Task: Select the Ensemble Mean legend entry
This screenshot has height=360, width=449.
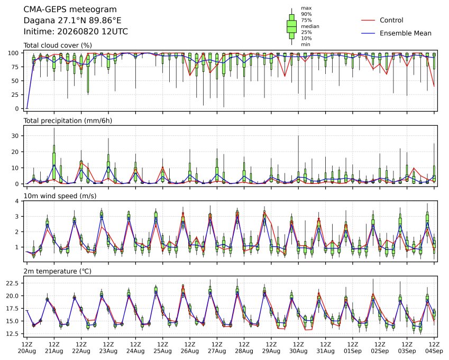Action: (x=396, y=33)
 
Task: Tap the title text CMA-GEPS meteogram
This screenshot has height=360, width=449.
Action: (x=70, y=10)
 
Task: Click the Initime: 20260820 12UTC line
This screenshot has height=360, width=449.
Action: (x=76, y=32)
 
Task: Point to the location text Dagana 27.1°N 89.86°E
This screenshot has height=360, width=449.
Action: (x=72, y=21)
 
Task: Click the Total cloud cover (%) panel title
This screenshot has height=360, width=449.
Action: (x=58, y=45)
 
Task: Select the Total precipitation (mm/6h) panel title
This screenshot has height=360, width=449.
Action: (x=68, y=121)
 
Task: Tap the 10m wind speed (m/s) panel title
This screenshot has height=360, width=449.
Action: (x=60, y=196)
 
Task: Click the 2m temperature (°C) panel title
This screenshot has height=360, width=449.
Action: (x=57, y=271)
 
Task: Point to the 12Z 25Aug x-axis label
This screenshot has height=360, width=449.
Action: (x=163, y=348)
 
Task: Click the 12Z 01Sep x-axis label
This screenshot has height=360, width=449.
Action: (x=353, y=348)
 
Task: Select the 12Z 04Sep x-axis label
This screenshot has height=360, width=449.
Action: (x=434, y=348)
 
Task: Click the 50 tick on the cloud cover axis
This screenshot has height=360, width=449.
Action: (x=15, y=81)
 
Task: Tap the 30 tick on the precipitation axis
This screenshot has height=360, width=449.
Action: (x=15, y=136)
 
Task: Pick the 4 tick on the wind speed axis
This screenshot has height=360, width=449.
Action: (x=17, y=201)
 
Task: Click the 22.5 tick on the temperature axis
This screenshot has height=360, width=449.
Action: (x=12, y=283)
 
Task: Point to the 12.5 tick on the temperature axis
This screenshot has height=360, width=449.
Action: (x=12, y=334)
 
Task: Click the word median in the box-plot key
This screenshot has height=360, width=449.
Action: (x=310, y=26)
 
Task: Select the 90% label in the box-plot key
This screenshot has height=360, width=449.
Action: (x=306, y=14)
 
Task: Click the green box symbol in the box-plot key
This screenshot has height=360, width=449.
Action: (x=291, y=26)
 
